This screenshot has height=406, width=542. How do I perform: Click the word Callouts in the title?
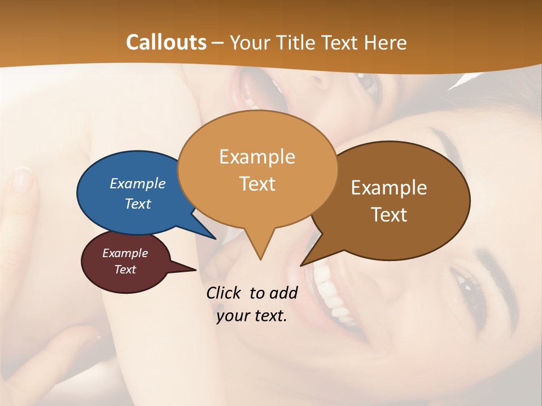coord(166,42)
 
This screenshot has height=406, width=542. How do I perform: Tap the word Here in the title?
coord(385,43)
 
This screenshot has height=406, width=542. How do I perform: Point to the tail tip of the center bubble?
coord(260,259)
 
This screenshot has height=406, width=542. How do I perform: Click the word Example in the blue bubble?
coord(138,183)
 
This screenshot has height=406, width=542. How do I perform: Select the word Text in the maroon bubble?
coord(125,270)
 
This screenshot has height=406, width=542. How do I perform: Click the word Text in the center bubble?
coord(257,184)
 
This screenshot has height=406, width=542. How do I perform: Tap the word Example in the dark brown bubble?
coord(389,188)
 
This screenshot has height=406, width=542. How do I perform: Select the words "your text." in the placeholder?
coord(252,316)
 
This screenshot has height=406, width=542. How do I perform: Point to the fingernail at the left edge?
coord(23,180)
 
